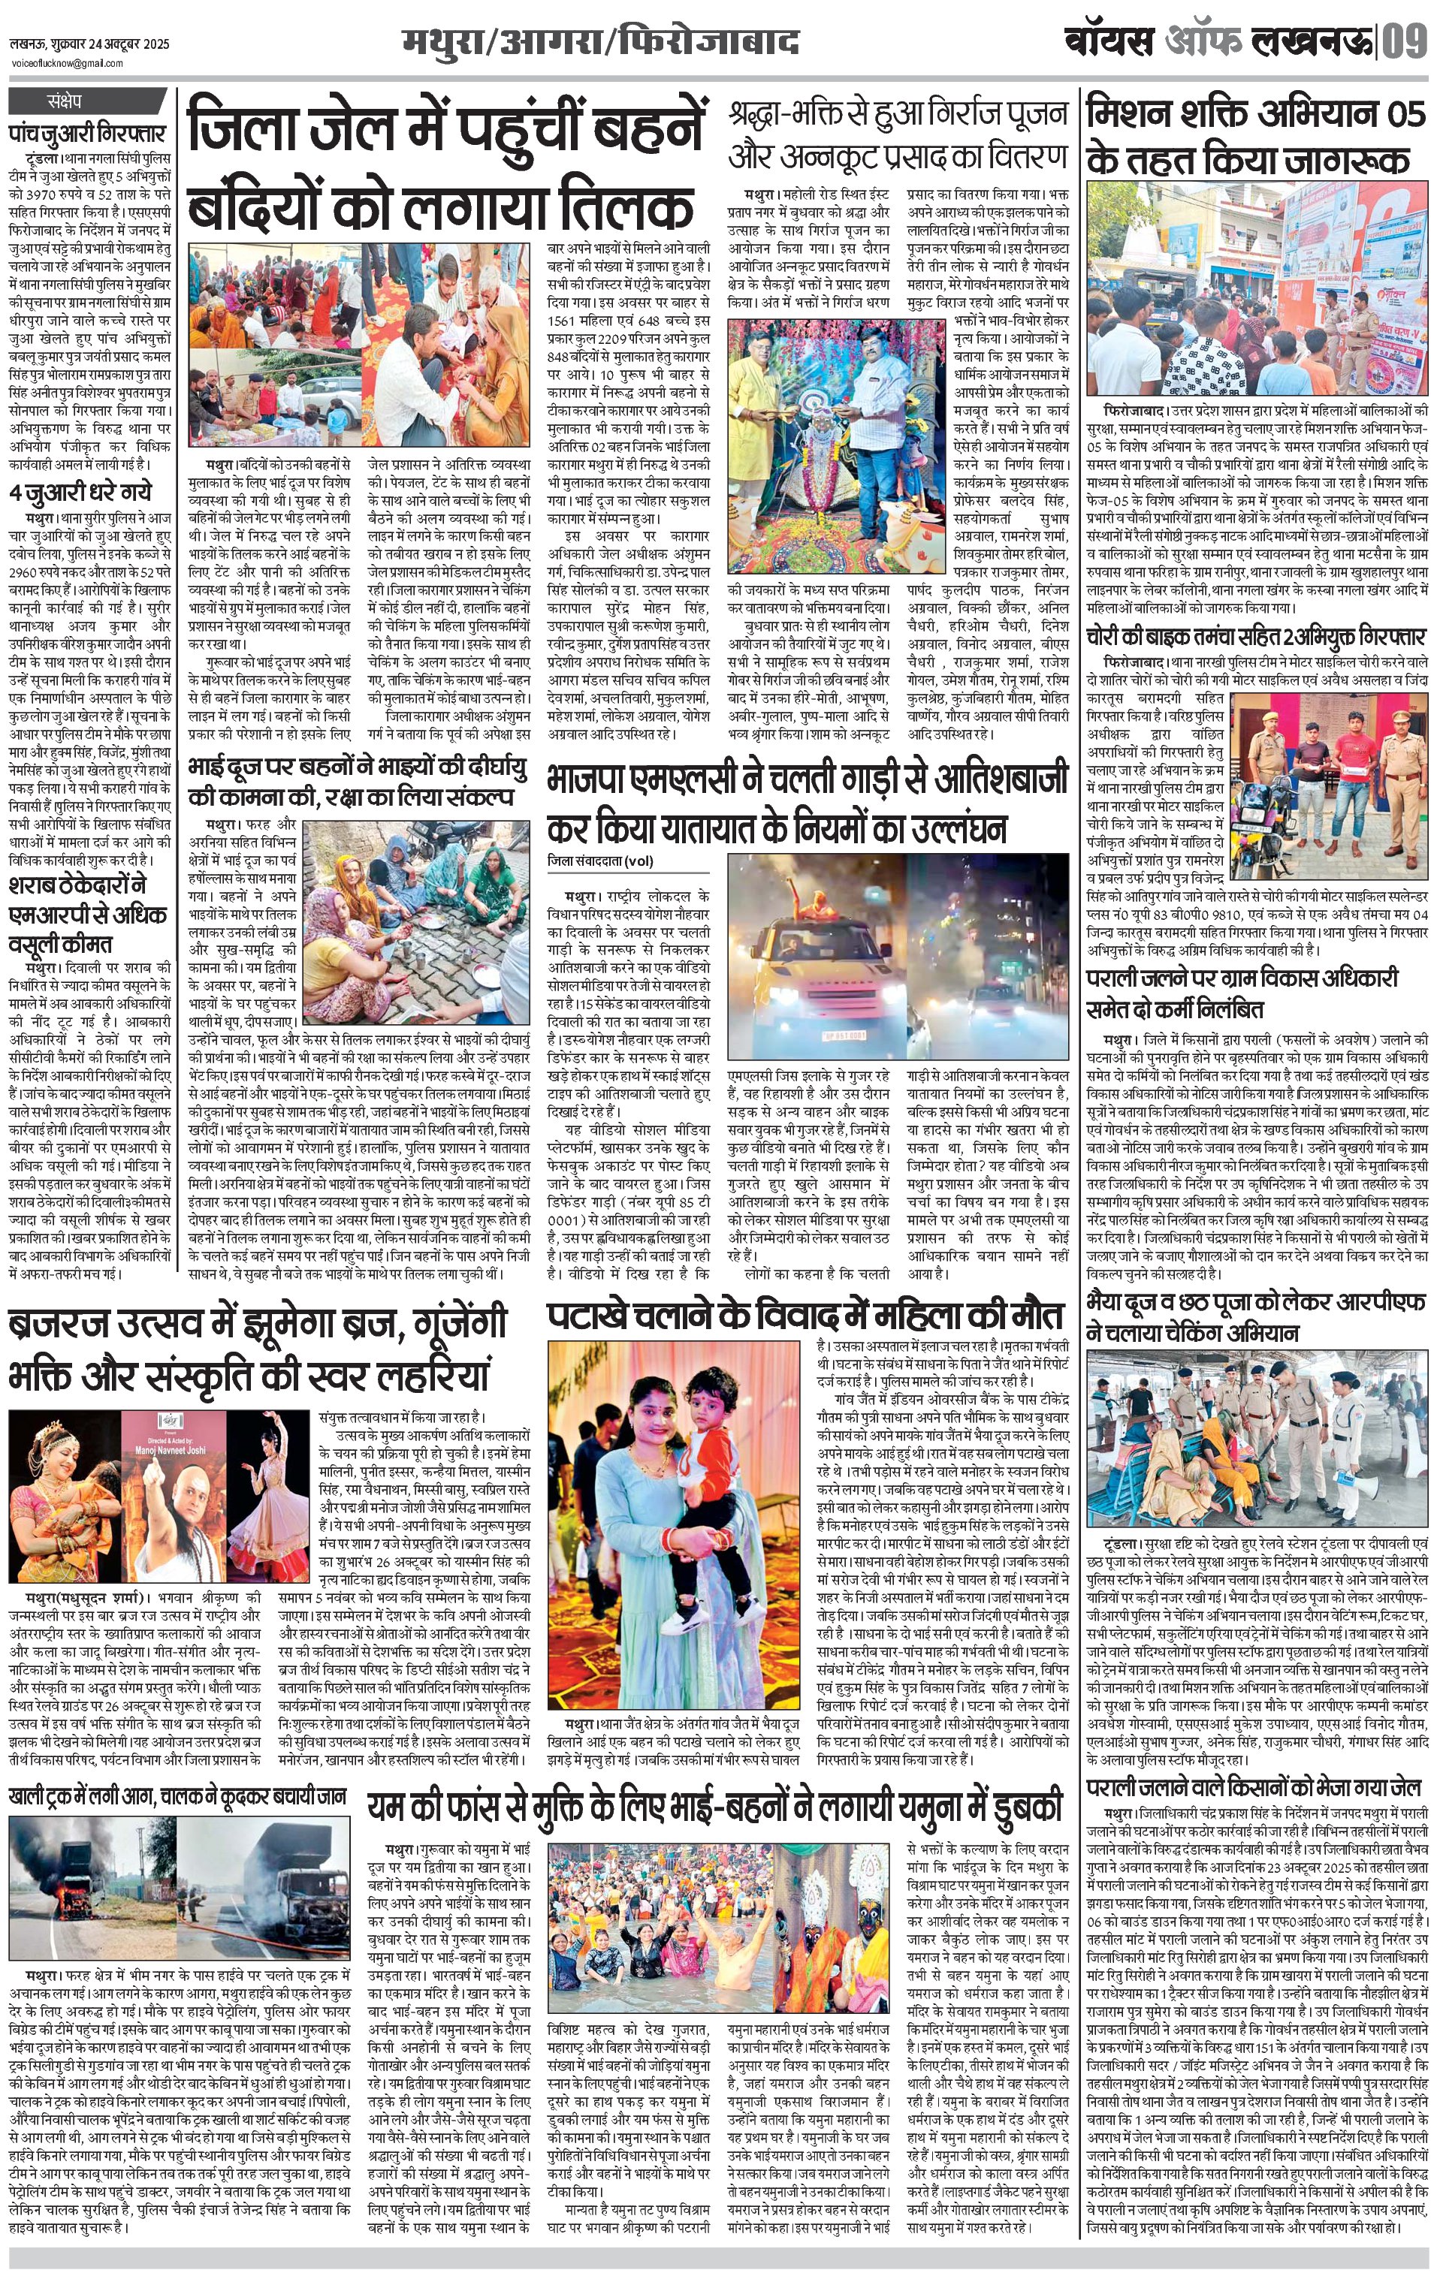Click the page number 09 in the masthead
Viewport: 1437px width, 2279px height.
coord(1404,43)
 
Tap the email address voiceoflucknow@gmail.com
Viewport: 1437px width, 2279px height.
coord(66,63)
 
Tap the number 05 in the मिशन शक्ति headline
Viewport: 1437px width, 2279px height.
coord(1400,115)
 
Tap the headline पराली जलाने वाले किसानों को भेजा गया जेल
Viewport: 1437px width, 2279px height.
coord(1254,1788)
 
